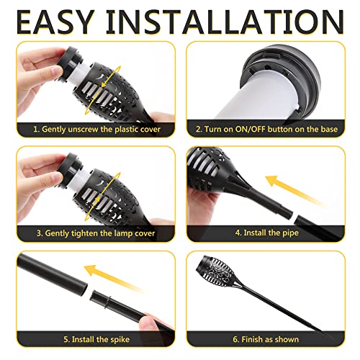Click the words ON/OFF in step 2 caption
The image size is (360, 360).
pos(256,130)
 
